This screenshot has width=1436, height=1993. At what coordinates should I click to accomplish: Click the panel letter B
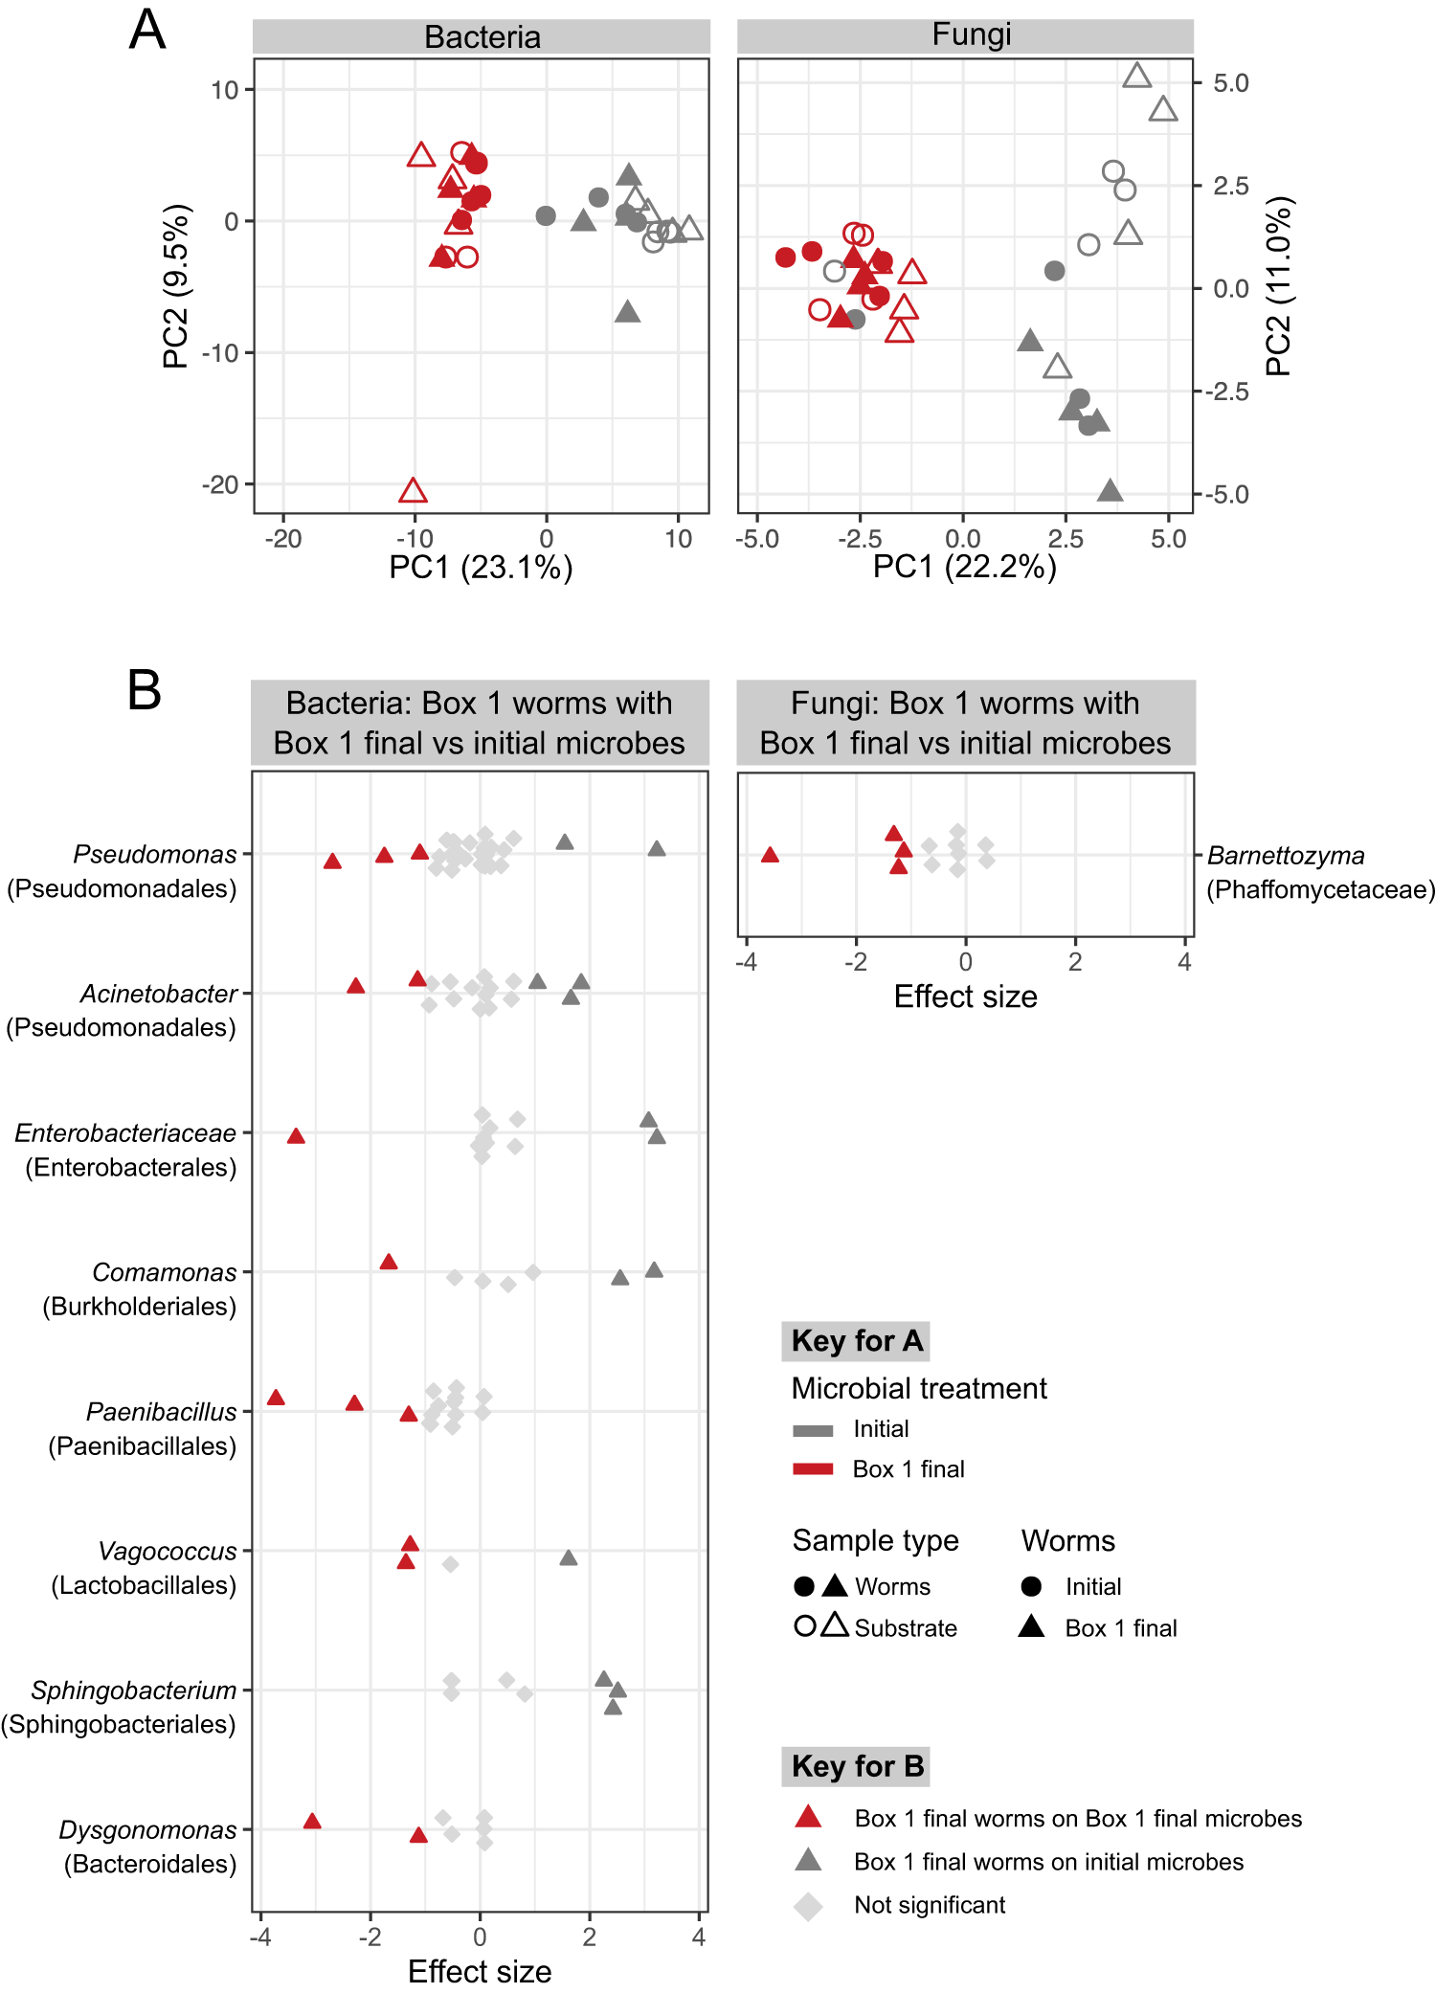click(x=144, y=690)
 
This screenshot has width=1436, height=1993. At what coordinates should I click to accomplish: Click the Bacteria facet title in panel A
click(x=482, y=37)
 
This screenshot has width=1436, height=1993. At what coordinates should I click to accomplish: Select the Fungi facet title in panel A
click(x=971, y=35)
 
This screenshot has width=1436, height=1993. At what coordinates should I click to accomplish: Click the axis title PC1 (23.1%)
click(x=481, y=568)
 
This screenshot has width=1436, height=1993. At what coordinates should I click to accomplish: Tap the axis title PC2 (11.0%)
click(x=1279, y=286)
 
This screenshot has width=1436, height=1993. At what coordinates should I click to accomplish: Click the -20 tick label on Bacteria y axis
click(x=220, y=485)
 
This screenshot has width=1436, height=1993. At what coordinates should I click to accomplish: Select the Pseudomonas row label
click(x=154, y=854)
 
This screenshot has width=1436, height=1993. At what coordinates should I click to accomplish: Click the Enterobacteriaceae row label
click(x=124, y=1133)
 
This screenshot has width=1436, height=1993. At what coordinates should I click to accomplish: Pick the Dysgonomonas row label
click(x=147, y=1830)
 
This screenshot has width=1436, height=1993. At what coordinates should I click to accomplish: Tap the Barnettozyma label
click(x=1286, y=856)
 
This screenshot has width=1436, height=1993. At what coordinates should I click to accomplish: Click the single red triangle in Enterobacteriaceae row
click(x=296, y=1136)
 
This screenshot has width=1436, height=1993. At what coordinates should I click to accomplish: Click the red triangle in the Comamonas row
click(x=388, y=1263)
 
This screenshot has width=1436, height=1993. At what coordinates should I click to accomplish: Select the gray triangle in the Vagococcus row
click(x=568, y=1558)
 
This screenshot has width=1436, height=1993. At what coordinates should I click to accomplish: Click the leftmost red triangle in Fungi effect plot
click(x=770, y=855)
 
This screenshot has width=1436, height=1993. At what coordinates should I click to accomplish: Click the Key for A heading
click(x=856, y=1341)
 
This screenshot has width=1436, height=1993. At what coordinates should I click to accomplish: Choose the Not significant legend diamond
click(x=808, y=1906)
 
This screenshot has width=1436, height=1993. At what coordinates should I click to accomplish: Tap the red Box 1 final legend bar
click(x=813, y=1469)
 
